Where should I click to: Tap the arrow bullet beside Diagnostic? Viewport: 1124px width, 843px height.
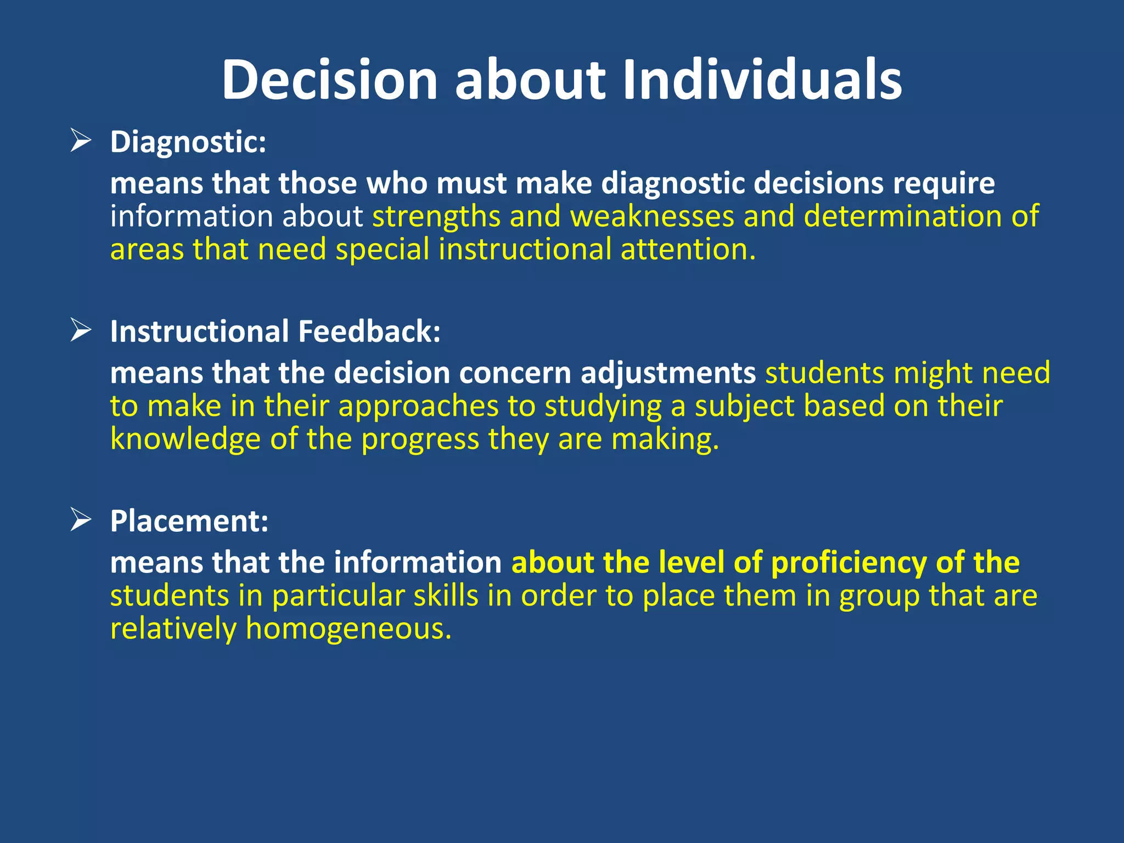[81, 141]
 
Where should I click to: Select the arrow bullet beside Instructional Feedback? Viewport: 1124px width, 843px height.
[81, 331]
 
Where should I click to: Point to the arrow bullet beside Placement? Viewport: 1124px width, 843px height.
[81, 520]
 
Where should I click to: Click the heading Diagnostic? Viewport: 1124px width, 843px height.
[188, 142]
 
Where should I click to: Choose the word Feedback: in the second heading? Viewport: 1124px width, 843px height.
[369, 331]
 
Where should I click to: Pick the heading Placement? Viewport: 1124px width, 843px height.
[189, 521]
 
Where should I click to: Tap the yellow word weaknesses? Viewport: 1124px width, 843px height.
[652, 216]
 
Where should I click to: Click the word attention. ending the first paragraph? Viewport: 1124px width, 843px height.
[688, 250]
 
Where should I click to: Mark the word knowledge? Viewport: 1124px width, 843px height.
[185, 440]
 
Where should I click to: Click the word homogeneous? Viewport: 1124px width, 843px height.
[349, 628]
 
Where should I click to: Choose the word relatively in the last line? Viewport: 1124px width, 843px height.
[173, 628]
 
